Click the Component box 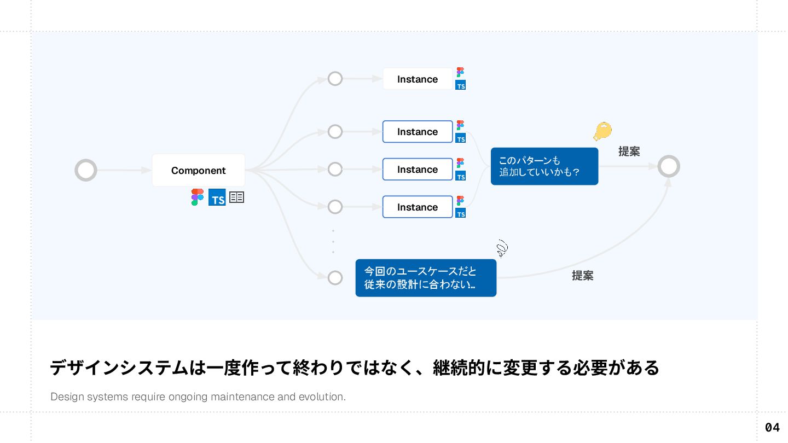198,170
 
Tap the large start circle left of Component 86,170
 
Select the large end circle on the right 668,166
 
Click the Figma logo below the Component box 197,197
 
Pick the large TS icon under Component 217,197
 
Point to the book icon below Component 236,197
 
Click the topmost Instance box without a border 418,79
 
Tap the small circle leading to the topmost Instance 335,79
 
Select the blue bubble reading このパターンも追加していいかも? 544,166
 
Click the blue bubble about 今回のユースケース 426,278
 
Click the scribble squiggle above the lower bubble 502,249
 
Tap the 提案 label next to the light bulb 629,151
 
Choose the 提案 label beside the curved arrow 582,276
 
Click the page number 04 772,427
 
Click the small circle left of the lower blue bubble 335,278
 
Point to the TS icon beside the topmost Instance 461,85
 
